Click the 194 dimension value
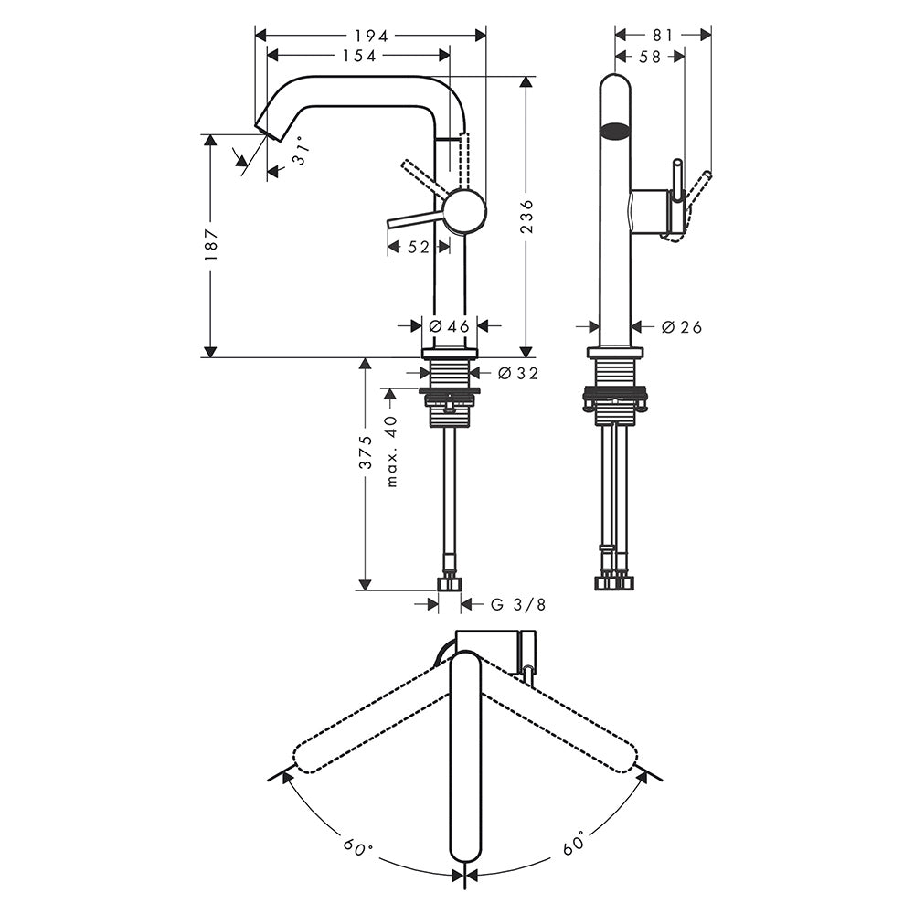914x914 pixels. click(371, 37)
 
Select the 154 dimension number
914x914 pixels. click(359, 56)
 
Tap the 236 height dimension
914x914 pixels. click(526, 217)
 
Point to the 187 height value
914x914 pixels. click(210, 244)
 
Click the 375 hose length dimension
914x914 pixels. click(365, 452)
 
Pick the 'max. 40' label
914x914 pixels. click(391, 451)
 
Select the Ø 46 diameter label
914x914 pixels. click(449, 326)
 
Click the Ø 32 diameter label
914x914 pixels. click(518, 373)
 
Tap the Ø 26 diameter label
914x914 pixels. click(682, 327)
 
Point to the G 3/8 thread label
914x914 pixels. click(518, 604)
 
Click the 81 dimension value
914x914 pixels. click(663, 36)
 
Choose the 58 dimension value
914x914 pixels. click(649, 57)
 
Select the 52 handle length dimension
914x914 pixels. click(418, 247)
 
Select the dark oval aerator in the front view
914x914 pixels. click(615, 132)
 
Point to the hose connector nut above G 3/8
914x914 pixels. click(450, 583)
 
